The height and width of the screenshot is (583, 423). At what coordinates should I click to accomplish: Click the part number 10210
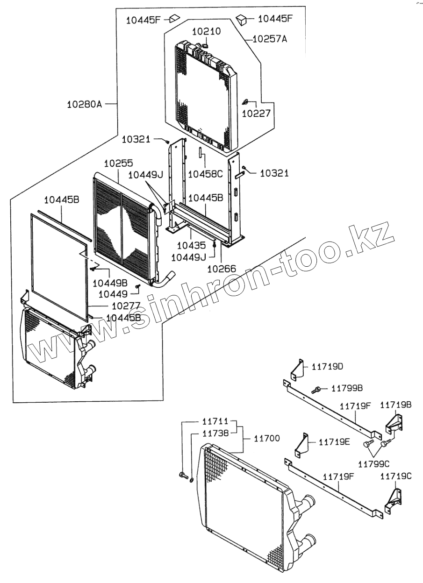point(207,31)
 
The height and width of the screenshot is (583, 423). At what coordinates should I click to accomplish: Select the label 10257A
point(270,40)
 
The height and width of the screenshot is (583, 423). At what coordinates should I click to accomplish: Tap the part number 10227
point(256,113)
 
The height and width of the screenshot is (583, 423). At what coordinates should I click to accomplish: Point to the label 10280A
point(84,104)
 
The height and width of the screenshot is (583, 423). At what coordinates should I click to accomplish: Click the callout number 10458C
point(206,174)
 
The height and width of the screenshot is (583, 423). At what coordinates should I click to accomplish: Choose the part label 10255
point(118,164)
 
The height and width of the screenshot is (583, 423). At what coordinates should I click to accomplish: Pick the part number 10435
point(191,245)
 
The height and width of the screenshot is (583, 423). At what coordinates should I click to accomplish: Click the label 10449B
point(110,283)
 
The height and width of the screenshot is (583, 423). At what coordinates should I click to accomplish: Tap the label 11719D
point(327,367)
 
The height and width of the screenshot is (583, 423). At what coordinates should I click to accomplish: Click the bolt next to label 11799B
point(316,389)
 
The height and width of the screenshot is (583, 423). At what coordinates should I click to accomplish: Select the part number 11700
point(267,439)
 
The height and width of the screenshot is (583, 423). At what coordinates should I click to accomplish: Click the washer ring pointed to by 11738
point(192,480)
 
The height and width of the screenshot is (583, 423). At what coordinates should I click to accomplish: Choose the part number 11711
point(216,422)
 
